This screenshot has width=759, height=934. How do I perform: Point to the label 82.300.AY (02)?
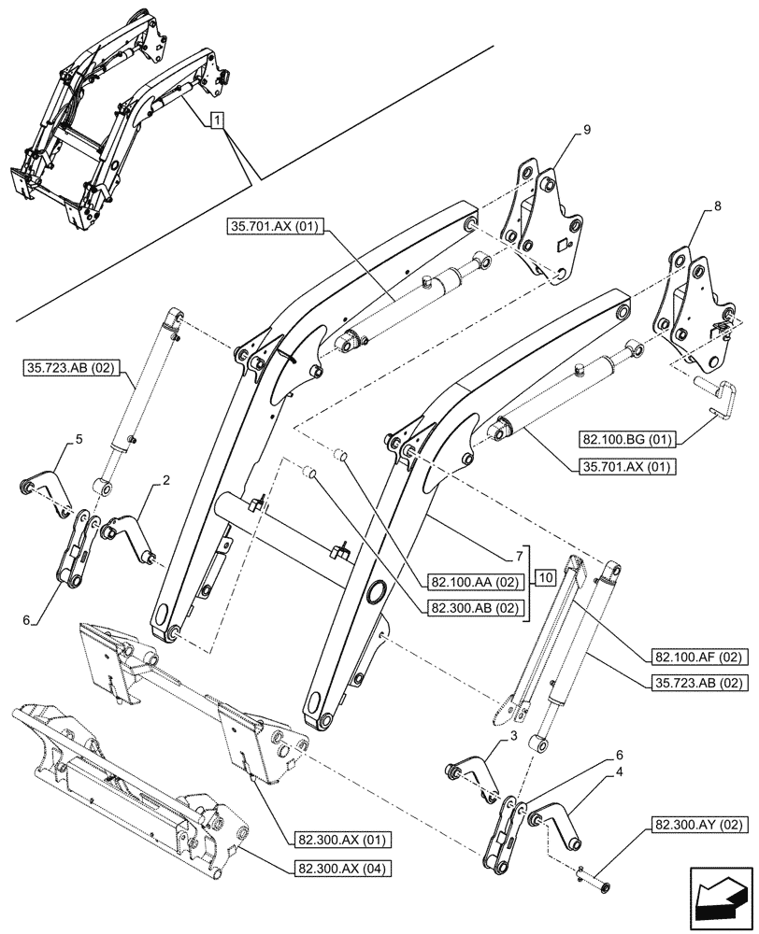pos(690,826)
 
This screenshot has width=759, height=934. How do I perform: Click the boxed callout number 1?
pos(217,120)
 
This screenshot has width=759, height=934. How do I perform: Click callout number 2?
pos(165,480)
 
